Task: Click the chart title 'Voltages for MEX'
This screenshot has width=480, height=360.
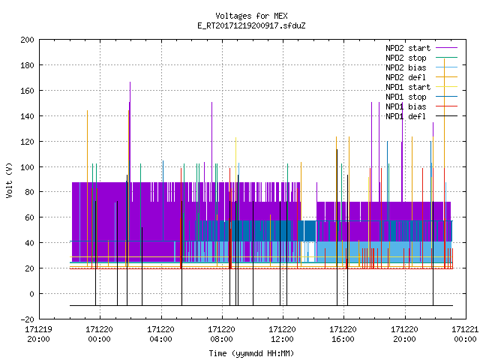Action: (251, 16)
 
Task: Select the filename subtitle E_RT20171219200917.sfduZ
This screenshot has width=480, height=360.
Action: (251, 25)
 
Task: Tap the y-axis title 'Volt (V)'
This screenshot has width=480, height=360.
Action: (10, 180)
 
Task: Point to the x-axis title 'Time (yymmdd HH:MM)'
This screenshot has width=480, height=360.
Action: (251, 353)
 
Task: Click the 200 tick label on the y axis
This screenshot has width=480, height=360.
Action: (27, 40)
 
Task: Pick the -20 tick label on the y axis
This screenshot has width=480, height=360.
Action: (27, 319)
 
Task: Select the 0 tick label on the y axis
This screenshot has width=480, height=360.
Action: (31, 294)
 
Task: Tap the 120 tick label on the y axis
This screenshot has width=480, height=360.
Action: (27, 142)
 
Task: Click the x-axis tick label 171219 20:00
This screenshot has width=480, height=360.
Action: (38, 334)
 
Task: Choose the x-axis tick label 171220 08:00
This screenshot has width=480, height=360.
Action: (221, 334)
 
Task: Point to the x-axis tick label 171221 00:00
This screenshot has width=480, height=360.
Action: (465, 334)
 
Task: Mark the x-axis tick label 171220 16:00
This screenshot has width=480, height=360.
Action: (343, 334)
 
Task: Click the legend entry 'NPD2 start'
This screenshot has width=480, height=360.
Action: (421, 48)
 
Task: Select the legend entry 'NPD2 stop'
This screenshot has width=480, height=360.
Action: (421, 58)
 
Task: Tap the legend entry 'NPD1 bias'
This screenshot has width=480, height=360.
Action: (421, 106)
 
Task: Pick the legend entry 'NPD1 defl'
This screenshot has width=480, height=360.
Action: (421, 116)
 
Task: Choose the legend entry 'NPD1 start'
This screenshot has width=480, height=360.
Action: (421, 87)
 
